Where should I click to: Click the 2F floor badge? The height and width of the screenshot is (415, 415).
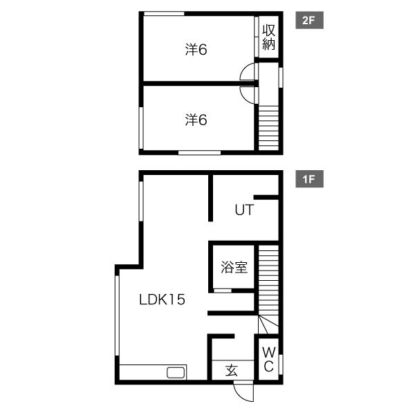click(309, 20)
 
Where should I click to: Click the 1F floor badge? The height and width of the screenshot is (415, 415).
click(309, 179)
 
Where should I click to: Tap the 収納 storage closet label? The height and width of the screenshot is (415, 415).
click(268, 37)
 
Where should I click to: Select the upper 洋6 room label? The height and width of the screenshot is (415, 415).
click(196, 50)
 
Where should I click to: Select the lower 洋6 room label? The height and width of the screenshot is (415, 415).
click(196, 120)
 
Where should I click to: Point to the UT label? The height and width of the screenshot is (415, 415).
click(244, 210)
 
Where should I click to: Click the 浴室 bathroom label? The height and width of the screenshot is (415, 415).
click(234, 267)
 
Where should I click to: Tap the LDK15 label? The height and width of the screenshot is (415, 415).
click(162, 300)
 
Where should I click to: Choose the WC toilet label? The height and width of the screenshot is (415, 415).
click(268, 359)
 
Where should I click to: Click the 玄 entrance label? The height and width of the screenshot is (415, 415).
click(232, 370)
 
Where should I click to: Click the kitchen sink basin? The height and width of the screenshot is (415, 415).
click(176, 373)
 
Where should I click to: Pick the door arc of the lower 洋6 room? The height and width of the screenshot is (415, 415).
click(243, 97)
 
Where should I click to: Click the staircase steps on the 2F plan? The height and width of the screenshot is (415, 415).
click(268, 128)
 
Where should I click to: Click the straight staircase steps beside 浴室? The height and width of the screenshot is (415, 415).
click(268, 280)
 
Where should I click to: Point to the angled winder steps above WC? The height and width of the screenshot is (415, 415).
click(268, 324)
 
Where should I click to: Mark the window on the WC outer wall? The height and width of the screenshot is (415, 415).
click(281, 365)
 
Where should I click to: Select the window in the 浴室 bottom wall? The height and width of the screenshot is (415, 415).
click(223, 290)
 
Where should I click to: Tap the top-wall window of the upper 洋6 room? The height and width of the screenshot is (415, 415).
click(164, 14)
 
